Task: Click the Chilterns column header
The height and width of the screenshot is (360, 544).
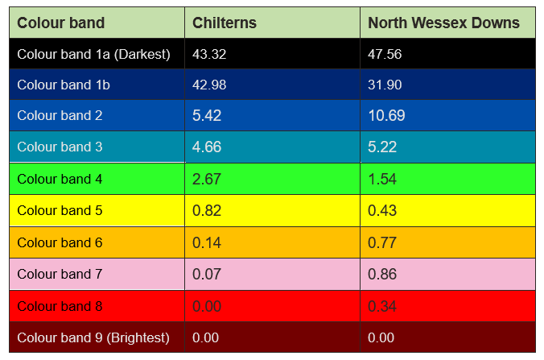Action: pos(225,23)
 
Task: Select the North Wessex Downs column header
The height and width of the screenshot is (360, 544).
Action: pos(443,23)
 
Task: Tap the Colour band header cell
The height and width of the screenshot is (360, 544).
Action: pos(61,23)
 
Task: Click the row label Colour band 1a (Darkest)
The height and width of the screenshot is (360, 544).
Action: pos(93,54)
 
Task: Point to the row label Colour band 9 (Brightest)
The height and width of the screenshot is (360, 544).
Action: pos(93,337)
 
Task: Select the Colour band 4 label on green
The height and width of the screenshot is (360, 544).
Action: pos(60,179)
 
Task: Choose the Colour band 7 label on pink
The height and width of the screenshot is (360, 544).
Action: pos(60,275)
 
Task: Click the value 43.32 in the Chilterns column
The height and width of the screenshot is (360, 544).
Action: pos(209,54)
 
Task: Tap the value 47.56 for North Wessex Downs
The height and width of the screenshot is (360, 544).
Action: pos(385,54)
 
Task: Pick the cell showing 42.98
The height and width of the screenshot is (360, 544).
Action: pos(209,85)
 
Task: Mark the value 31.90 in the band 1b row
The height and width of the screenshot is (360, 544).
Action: pos(385,85)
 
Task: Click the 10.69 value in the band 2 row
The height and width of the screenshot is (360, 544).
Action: pos(386,116)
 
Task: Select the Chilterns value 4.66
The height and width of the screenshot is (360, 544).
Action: pos(207,147)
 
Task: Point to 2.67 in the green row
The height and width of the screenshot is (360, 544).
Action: pos(207,179)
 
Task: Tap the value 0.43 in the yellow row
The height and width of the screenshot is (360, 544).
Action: pos(382,211)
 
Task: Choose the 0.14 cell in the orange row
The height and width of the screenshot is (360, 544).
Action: pos(207,242)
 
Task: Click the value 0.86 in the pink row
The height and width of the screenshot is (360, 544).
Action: pos(382,275)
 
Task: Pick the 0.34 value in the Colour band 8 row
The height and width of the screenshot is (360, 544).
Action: pos(382,306)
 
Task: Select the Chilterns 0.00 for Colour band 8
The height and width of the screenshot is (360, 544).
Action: pos(207,306)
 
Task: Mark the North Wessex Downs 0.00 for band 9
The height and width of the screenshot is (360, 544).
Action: pos(381,337)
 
